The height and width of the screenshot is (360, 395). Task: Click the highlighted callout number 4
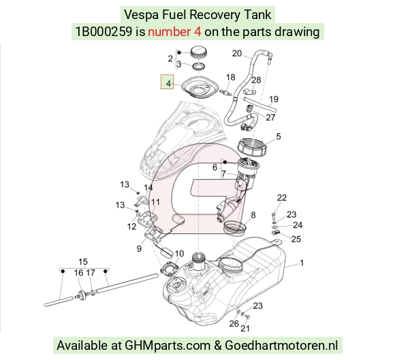(168, 83)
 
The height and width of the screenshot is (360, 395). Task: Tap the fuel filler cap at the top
(199, 52)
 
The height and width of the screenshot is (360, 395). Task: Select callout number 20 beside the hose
(237, 53)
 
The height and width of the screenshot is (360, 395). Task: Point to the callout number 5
(278, 137)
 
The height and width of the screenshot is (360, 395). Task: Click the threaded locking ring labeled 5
(252, 148)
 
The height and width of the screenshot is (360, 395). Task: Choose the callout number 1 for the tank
(302, 263)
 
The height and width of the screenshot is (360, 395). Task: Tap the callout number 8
(253, 215)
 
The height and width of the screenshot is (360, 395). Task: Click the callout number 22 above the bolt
(282, 197)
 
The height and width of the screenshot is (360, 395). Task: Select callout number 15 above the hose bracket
(83, 262)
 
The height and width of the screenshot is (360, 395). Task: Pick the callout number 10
(179, 254)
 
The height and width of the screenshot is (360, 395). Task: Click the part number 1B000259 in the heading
(104, 32)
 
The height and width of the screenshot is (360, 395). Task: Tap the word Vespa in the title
(142, 14)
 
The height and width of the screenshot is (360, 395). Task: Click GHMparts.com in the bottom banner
(168, 346)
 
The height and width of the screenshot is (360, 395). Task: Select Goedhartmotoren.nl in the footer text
(281, 346)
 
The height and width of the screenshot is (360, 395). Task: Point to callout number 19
(274, 99)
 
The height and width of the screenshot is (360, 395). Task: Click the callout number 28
(256, 80)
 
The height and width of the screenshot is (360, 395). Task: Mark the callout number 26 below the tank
(234, 323)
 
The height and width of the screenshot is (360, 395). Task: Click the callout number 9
(139, 248)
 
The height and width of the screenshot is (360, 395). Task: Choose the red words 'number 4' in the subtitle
(174, 32)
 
